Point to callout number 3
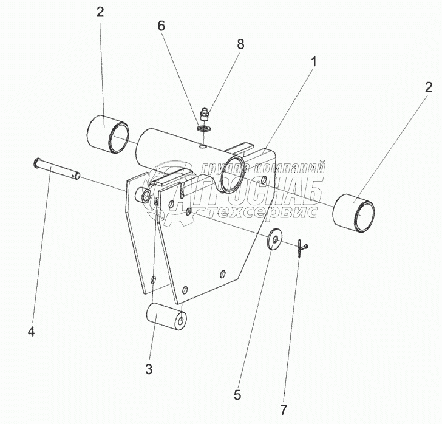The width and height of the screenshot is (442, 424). pos(149,369)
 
